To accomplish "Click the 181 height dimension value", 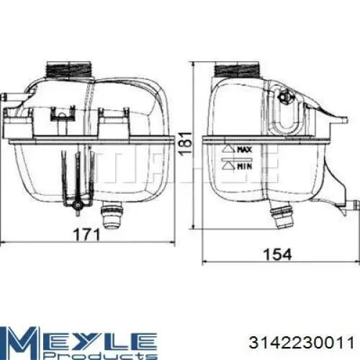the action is click(x=186, y=143).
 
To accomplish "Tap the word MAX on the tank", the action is click(x=245, y=150).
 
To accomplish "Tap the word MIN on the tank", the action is click(x=245, y=166).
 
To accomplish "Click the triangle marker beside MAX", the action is click(x=228, y=149).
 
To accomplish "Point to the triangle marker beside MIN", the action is click(x=228, y=166).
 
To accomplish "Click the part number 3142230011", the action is click(x=302, y=343).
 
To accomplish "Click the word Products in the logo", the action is click(x=101, y=356).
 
